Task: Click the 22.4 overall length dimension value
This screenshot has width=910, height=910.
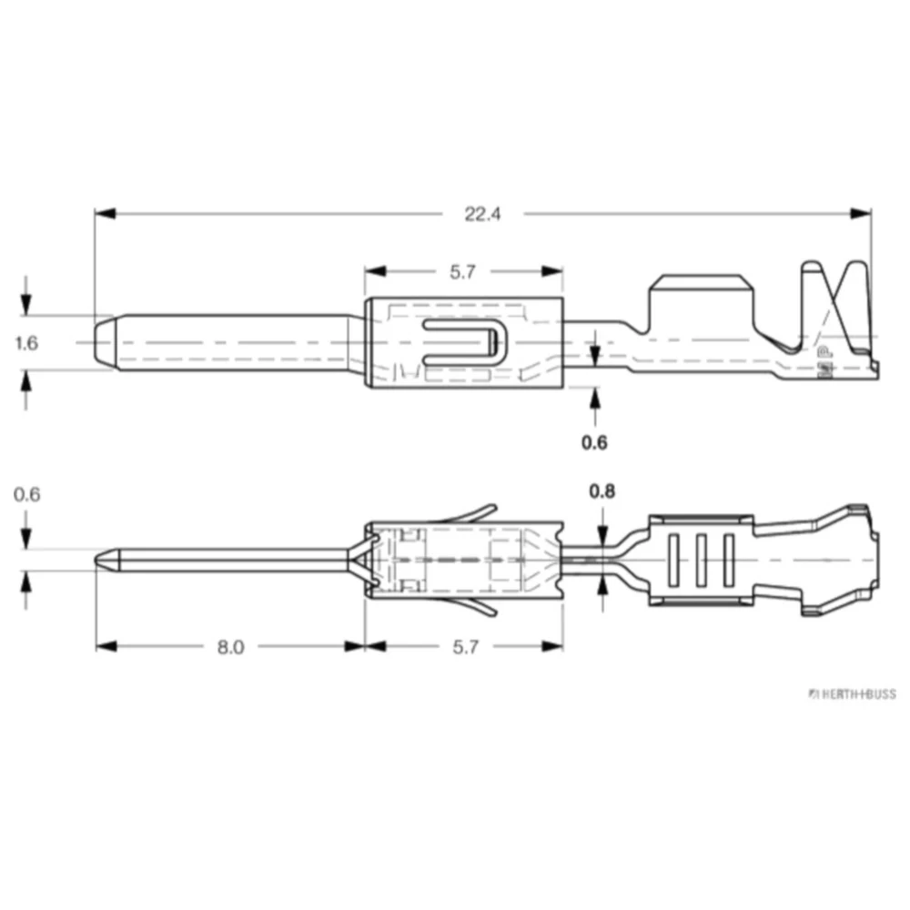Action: coord(483,215)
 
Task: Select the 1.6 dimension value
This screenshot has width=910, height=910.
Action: coord(27,343)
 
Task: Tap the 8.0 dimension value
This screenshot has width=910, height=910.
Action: coord(230,646)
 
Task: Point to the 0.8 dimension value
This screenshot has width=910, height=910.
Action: coord(602,491)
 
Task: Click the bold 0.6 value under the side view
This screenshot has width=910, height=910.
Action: coord(594,443)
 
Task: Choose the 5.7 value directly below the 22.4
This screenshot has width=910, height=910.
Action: coord(464,271)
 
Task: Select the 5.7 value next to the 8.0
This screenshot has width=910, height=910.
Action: coord(464,646)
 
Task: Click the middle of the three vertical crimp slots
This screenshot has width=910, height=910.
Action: coord(702,560)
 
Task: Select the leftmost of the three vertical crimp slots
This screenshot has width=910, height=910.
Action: coord(674,560)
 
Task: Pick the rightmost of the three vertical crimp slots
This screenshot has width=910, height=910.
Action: coord(729,560)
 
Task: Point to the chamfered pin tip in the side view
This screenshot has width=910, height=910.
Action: coord(104,343)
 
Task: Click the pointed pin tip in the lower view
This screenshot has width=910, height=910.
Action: coord(103,560)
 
